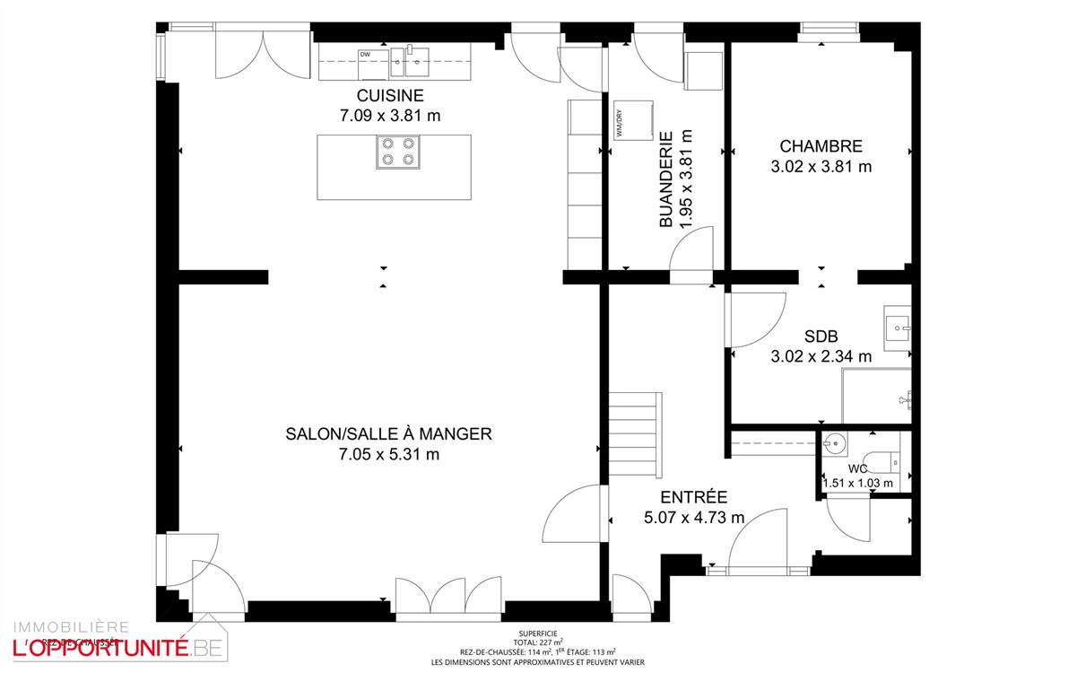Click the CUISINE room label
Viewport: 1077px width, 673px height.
(390, 96)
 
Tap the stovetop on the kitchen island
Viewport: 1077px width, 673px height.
(398, 152)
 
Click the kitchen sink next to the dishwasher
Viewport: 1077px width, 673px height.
(414, 60)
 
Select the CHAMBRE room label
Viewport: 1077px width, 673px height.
(821, 146)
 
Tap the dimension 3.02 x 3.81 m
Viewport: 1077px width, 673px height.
(821, 166)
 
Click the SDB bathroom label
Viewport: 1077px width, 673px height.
(821, 336)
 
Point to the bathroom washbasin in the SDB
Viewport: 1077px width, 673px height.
(898, 329)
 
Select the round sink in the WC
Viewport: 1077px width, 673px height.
(836, 442)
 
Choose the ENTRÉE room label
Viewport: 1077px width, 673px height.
(693, 497)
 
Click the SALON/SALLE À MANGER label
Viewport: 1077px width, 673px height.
(388, 434)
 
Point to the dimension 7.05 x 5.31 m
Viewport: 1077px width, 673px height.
(388, 454)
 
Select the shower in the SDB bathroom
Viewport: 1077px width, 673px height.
(874, 395)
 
